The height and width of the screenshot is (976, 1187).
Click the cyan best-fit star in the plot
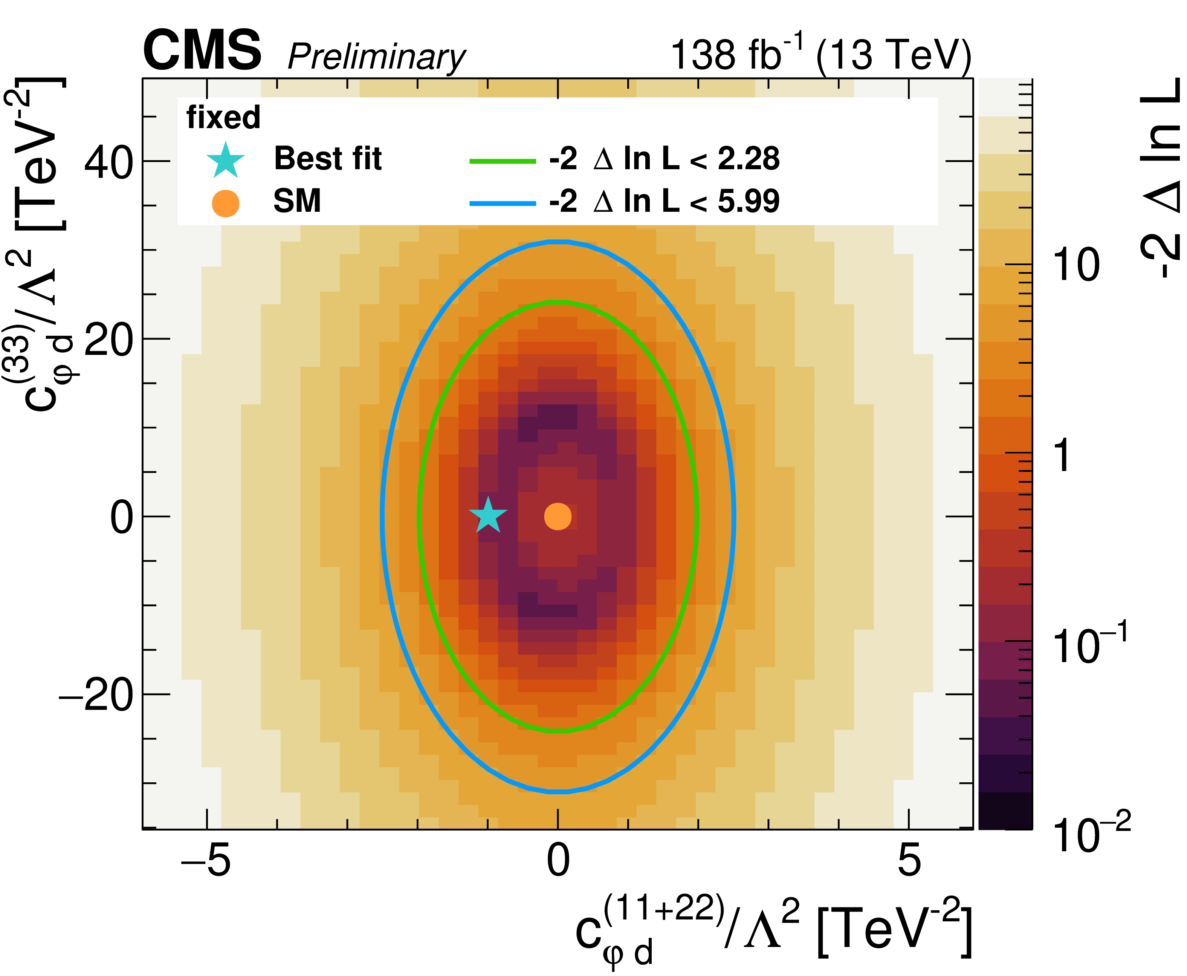(x=488, y=516)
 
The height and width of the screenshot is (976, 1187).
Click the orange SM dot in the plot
(x=558, y=516)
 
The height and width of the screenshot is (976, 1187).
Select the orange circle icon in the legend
(x=225, y=203)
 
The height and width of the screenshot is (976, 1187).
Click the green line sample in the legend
(x=503, y=161)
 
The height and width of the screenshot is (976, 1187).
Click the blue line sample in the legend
(x=503, y=203)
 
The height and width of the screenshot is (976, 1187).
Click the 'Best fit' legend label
(x=328, y=159)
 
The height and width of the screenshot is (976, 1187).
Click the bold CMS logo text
(x=202, y=52)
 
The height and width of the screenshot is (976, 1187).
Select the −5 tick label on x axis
(x=205, y=860)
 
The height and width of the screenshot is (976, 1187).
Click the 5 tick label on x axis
(x=909, y=860)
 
